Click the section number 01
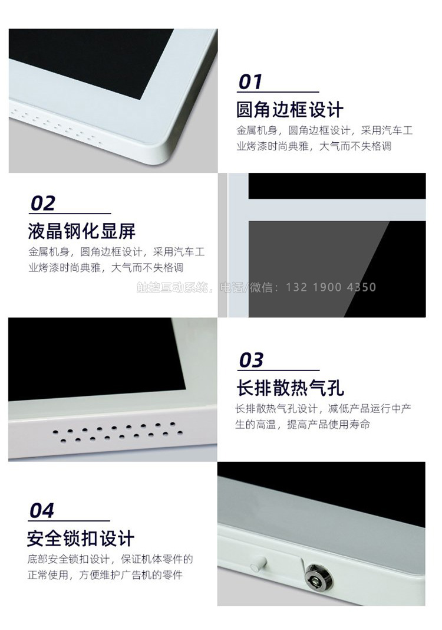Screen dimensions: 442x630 pyautogui.click(x=250, y=81)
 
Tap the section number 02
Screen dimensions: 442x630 pyautogui.click(x=42, y=204)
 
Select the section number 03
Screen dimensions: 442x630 pyautogui.click(x=251, y=360)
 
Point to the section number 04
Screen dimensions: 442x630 pyautogui.click(x=42, y=511)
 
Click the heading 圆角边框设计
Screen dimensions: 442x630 pyautogui.click(x=290, y=109)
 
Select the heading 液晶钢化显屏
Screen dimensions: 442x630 pyautogui.click(x=82, y=231)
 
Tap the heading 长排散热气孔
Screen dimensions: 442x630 pyautogui.click(x=290, y=388)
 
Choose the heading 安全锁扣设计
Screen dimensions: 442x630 pyautogui.click(x=81, y=539)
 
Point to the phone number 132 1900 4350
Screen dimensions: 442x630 pyautogui.click(x=331, y=287)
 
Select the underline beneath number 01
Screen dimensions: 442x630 pyautogui.click(x=278, y=92)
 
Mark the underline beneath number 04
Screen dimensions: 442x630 pyautogui.click(x=69, y=521)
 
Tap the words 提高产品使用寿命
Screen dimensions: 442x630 pyautogui.click(x=328, y=425)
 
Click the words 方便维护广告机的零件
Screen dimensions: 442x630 pyautogui.click(x=131, y=575)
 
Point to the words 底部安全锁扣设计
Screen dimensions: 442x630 pyautogui.click(x=68, y=559)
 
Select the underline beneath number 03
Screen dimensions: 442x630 pyautogui.click(x=278, y=370)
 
